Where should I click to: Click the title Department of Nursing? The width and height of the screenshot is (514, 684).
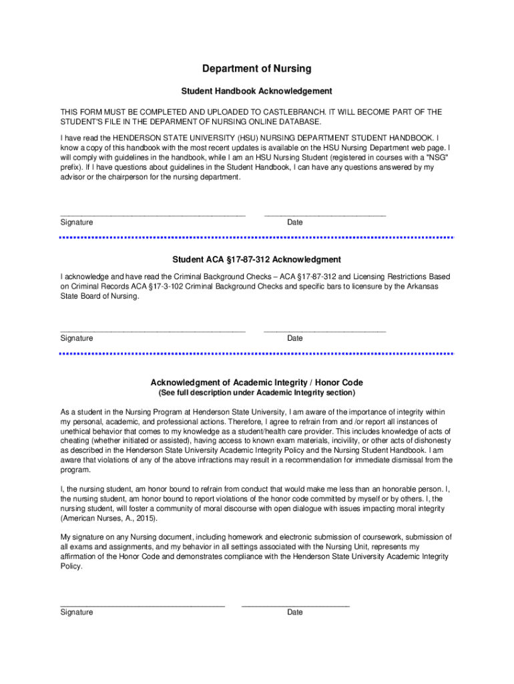tap(257, 69)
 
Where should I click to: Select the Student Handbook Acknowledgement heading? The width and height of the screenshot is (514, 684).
tap(257, 91)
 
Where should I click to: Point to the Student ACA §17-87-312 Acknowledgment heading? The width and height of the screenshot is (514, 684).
tap(257, 259)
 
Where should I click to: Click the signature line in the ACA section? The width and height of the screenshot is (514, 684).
tap(153, 331)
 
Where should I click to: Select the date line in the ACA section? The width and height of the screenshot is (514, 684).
tap(324, 331)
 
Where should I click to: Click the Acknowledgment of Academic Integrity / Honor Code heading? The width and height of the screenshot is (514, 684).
tap(257, 383)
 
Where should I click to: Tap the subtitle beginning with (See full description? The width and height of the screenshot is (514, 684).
tap(257, 393)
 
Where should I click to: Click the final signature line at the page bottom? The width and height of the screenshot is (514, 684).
tap(142, 605)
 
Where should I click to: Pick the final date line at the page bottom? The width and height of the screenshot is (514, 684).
tap(295, 605)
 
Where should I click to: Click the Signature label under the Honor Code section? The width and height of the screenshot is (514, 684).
tap(77, 613)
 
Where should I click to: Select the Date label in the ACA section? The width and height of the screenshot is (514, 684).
tap(295, 339)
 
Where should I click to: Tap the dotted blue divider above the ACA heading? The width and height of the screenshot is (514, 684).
tap(257, 237)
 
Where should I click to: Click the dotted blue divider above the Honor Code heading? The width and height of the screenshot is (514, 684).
tap(257, 353)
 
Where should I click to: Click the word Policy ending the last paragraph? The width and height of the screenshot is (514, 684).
tap(71, 566)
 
